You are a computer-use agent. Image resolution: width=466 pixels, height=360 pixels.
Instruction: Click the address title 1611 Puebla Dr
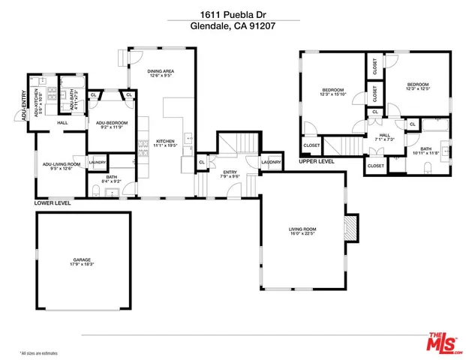click(233, 13)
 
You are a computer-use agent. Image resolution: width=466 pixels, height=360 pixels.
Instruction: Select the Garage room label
click(83, 262)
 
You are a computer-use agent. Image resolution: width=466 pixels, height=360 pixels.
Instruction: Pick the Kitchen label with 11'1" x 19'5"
click(166, 142)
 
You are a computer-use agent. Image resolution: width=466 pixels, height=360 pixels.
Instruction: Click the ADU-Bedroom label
click(112, 124)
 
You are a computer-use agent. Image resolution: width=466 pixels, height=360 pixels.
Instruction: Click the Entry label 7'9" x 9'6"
click(230, 175)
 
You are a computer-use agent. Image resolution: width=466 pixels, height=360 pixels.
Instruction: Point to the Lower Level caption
click(53, 202)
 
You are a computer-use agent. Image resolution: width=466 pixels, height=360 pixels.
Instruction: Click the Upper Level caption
click(317, 160)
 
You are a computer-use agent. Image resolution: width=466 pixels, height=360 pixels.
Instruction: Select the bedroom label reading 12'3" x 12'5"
click(417, 86)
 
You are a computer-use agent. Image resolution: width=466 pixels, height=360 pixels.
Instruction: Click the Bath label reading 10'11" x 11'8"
click(425, 151)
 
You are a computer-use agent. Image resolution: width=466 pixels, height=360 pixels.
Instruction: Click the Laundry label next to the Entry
click(271, 162)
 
